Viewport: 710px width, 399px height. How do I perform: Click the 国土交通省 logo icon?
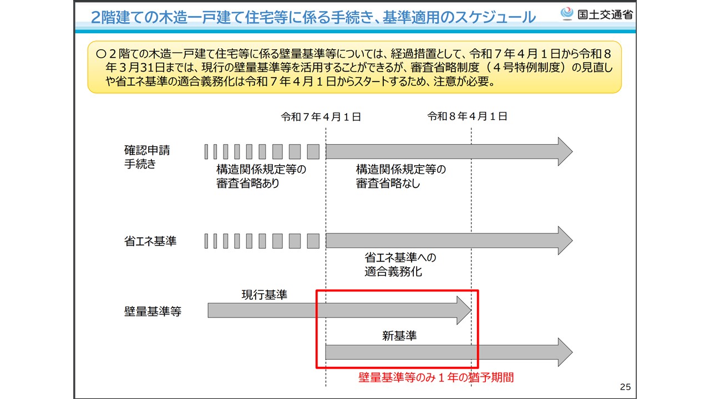(x=567, y=13)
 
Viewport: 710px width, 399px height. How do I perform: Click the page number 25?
(x=625, y=386)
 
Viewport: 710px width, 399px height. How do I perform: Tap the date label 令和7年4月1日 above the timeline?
(x=321, y=117)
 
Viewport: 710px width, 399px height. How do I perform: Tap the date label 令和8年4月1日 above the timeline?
(x=467, y=117)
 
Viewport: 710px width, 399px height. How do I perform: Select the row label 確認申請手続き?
(x=147, y=157)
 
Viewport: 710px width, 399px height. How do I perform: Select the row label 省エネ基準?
(x=150, y=241)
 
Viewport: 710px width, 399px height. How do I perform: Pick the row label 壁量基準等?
(x=153, y=311)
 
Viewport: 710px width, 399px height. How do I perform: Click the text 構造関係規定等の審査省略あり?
(x=261, y=176)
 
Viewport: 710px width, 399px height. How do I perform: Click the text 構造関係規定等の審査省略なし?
(x=400, y=176)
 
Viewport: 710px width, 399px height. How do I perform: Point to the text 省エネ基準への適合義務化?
(x=400, y=264)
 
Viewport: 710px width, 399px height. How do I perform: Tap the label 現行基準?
(x=264, y=295)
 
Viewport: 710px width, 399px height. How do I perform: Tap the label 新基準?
(x=399, y=335)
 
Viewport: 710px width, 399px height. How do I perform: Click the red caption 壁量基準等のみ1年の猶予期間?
(x=436, y=377)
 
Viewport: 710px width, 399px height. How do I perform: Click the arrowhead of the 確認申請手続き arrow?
(x=565, y=151)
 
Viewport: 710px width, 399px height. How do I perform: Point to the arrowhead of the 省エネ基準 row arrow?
(x=565, y=241)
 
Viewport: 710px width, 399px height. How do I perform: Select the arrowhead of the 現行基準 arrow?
(x=464, y=310)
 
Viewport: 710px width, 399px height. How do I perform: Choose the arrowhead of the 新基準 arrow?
(x=565, y=352)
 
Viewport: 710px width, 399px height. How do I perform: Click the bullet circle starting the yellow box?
(x=100, y=54)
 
